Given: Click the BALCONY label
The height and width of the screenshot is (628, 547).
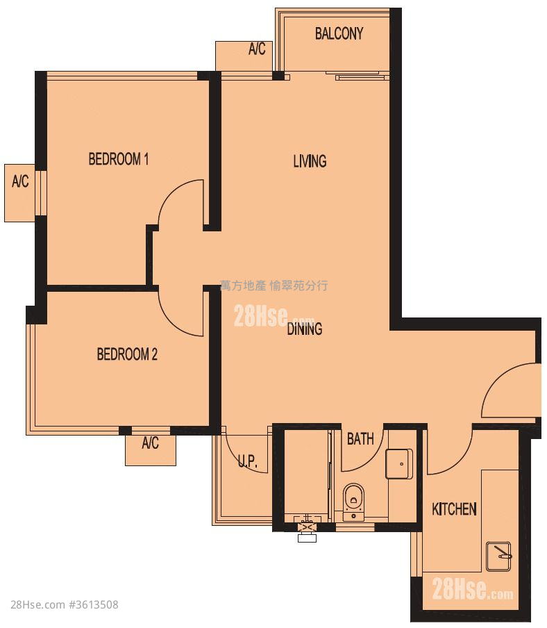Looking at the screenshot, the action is [x=339, y=33].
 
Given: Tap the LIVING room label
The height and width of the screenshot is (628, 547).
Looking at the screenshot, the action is [x=310, y=161].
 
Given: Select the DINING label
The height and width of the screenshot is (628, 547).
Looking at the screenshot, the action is [x=305, y=329].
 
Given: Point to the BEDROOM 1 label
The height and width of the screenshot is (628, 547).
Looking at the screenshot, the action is [x=119, y=159].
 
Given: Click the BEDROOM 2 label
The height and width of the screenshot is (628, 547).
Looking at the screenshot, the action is [x=127, y=354].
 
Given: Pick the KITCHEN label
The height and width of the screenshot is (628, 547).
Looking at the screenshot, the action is [x=454, y=509].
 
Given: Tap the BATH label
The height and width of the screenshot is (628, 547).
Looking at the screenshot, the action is [x=360, y=439].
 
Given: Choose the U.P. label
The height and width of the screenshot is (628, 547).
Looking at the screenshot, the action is [x=248, y=461].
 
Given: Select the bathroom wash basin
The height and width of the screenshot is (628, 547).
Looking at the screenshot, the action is [x=399, y=464].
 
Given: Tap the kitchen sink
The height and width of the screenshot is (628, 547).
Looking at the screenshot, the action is [x=498, y=556].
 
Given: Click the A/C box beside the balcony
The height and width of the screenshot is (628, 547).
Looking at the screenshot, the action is [x=244, y=56].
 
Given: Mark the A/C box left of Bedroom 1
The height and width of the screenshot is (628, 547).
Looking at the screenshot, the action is [x=20, y=192].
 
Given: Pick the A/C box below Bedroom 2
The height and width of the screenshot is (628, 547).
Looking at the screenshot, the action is [x=151, y=449].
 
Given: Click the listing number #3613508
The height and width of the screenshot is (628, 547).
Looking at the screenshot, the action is [x=93, y=604].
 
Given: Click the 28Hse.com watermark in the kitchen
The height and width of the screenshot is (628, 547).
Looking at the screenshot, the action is [x=473, y=589].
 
